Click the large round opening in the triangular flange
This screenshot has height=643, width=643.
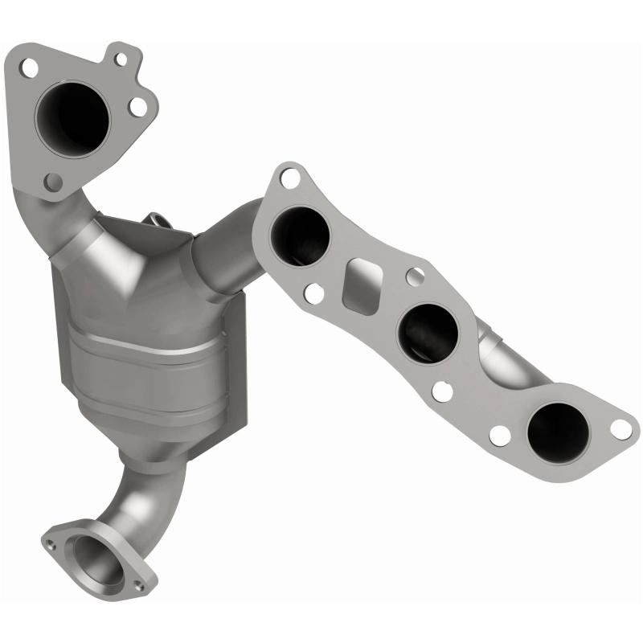72,117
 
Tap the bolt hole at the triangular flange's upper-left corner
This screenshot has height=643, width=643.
29,68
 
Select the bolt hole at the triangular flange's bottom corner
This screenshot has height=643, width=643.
53,182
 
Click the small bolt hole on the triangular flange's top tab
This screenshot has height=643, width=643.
121,58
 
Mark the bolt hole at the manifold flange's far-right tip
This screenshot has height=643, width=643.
620,428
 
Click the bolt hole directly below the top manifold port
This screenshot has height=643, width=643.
314,293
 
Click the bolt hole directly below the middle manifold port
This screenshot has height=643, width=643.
442,392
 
